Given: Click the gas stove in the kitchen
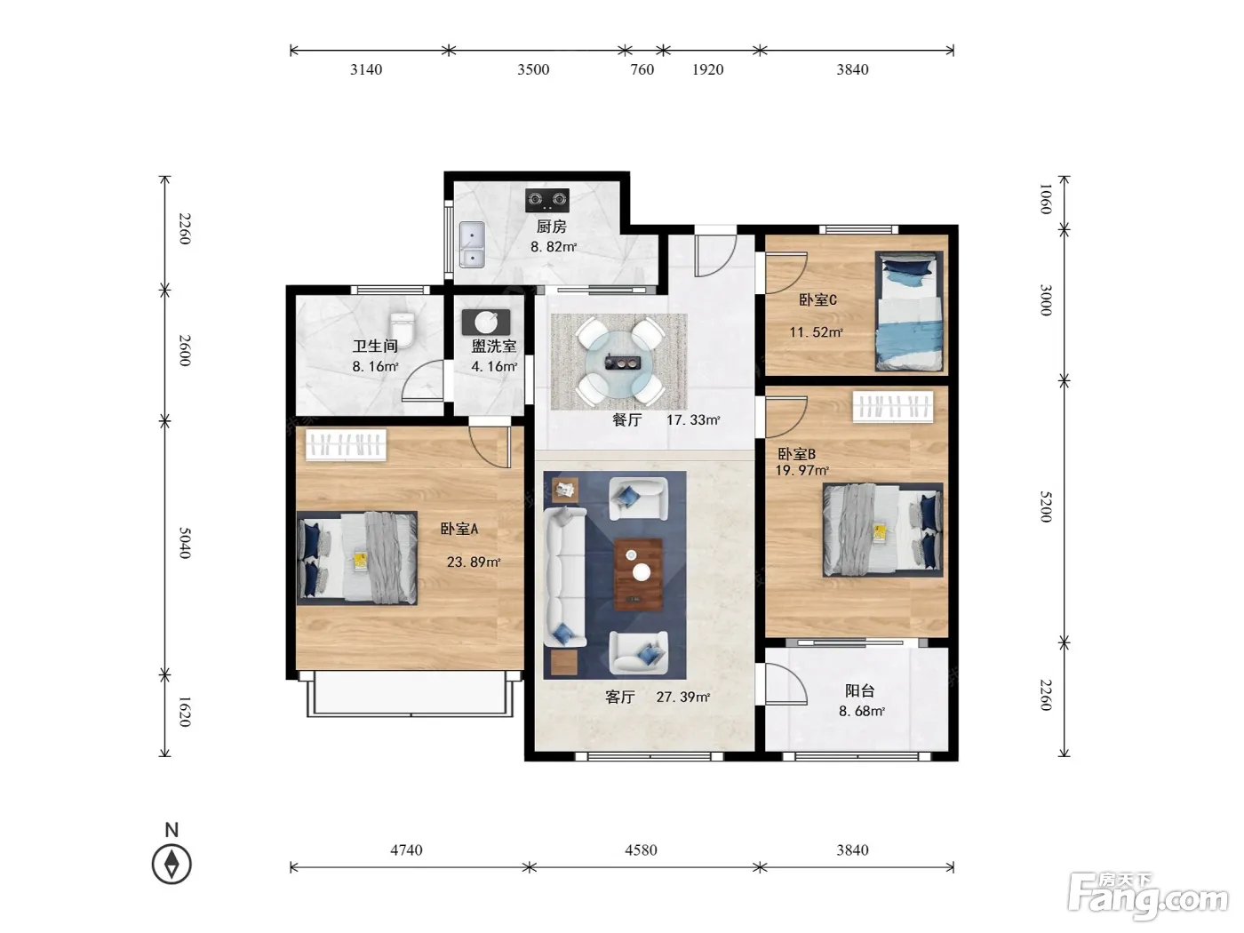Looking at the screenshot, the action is tap(546, 199).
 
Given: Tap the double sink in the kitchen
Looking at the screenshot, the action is tap(472, 244).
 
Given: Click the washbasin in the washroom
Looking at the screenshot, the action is tap(486, 323).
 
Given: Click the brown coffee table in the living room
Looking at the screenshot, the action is tap(638, 574).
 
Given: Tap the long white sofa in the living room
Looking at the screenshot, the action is tap(564, 577).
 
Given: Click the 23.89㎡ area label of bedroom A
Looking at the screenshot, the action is tap(474, 562).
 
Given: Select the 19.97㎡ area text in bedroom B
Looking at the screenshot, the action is tap(802, 470).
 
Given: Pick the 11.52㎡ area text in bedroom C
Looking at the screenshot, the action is tap(816, 332).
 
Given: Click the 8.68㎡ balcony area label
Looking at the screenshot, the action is tap(861, 711).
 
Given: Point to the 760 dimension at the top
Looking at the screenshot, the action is tap(642, 69).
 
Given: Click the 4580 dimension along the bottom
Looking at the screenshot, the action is tap(641, 849).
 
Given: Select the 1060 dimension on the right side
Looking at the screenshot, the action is tap(1046, 199).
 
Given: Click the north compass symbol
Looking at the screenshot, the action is tap(171, 865).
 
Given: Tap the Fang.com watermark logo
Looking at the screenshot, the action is tap(1148, 897).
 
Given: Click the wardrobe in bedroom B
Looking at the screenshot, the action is tap(893, 406).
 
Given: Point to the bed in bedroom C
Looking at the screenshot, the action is tap(909, 311).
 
